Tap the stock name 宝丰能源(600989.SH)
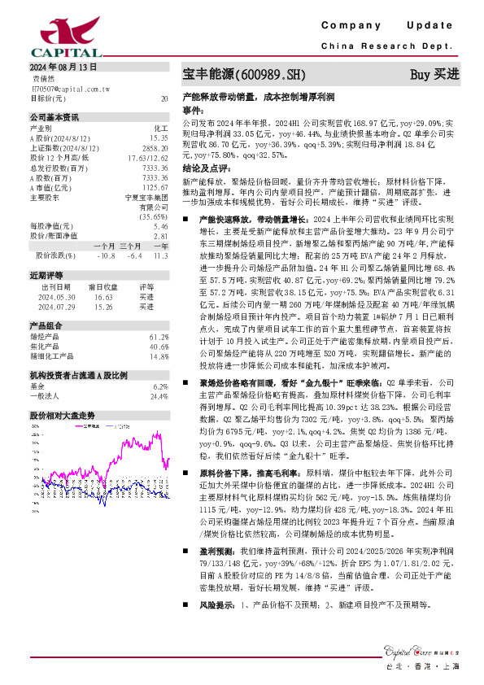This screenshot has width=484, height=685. [x=243, y=75]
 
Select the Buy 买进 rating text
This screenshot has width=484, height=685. [x=434, y=75]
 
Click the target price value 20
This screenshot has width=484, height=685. [x=164, y=98]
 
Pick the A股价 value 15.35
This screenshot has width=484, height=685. [x=159, y=137]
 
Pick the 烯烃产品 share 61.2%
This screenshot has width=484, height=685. [x=158, y=336]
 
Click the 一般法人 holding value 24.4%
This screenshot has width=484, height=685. [x=158, y=396]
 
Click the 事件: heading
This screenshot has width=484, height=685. [x=192, y=108]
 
